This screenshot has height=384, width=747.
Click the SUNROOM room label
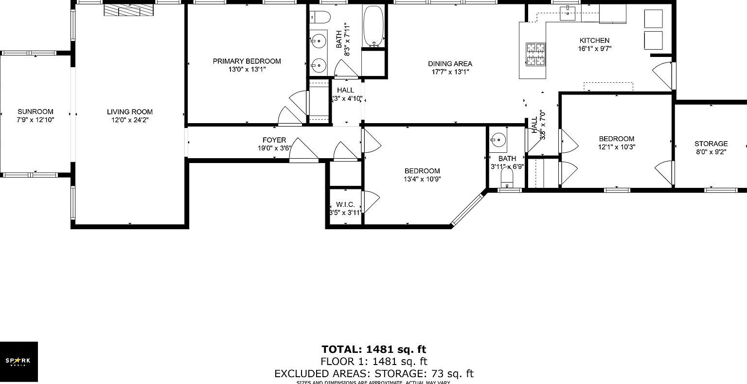(x=35, y=111)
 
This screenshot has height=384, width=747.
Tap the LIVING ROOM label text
(x=130, y=112)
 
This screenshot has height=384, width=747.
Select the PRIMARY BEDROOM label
(x=247, y=61)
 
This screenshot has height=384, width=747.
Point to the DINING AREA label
(x=450, y=64)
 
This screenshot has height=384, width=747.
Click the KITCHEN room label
(x=594, y=41)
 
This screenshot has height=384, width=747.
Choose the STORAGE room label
(x=711, y=144)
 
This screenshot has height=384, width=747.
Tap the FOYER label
(x=274, y=140)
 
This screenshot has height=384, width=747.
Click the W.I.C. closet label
(x=345, y=205)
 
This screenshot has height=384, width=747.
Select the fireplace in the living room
(x=128, y=10)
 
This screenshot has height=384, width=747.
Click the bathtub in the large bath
(x=373, y=26)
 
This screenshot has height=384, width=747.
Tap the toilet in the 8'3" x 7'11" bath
(x=320, y=17)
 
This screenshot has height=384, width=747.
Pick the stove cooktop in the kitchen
(x=535, y=54)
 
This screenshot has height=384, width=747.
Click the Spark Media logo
(x=18, y=361)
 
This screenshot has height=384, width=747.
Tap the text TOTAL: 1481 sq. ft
(x=373, y=349)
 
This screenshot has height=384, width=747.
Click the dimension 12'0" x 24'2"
(x=130, y=120)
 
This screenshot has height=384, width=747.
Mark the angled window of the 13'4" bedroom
(x=469, y=209)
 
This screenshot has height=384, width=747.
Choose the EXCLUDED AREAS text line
(x=373, y=373)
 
